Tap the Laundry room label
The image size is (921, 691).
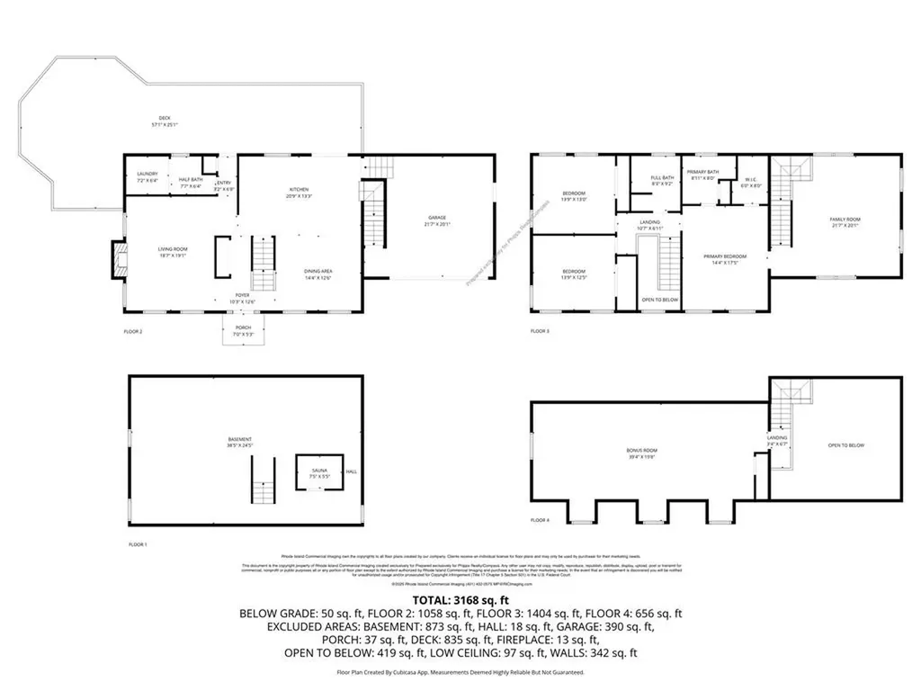click(148, 176)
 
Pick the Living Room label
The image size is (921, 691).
click(172, 252)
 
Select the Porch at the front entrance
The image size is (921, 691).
click(243, 330)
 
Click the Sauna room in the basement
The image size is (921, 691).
click(320, 472)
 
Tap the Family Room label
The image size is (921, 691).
click(845, 223)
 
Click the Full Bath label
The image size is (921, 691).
click(662, 181)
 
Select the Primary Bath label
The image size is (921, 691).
click(702, 175)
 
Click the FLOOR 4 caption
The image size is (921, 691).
click(540, 520)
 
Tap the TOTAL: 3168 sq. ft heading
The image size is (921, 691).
click(460, 600)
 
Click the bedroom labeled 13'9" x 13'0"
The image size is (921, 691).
click(574, 196)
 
